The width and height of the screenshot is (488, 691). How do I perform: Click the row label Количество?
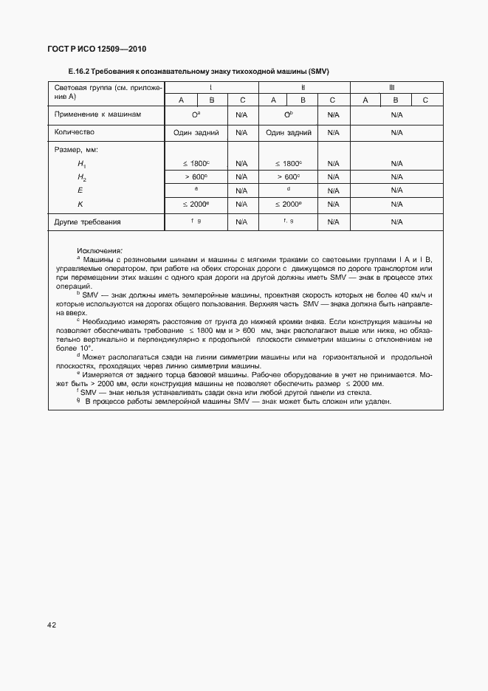[x=75, y=132]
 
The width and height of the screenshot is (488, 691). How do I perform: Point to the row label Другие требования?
[x=88, y=221]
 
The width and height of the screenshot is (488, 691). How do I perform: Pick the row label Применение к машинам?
[x=97, y=115]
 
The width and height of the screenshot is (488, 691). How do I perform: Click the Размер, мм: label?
[x=77, y=150]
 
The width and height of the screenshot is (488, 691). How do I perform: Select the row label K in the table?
[x=80, y=203]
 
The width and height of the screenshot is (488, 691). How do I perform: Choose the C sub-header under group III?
[x=425, y=100]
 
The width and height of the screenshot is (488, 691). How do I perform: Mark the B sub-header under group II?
[x=303, y=100]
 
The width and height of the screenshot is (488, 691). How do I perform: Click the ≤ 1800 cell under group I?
[x=196, y=163]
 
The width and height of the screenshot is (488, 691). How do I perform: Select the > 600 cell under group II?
[x=288, y=177]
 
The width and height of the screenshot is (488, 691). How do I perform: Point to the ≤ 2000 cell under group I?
[x=196, y=204]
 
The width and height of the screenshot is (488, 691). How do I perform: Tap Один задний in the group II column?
[x=288, y=133]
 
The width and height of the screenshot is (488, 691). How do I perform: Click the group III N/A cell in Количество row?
[x=396, y=133]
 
